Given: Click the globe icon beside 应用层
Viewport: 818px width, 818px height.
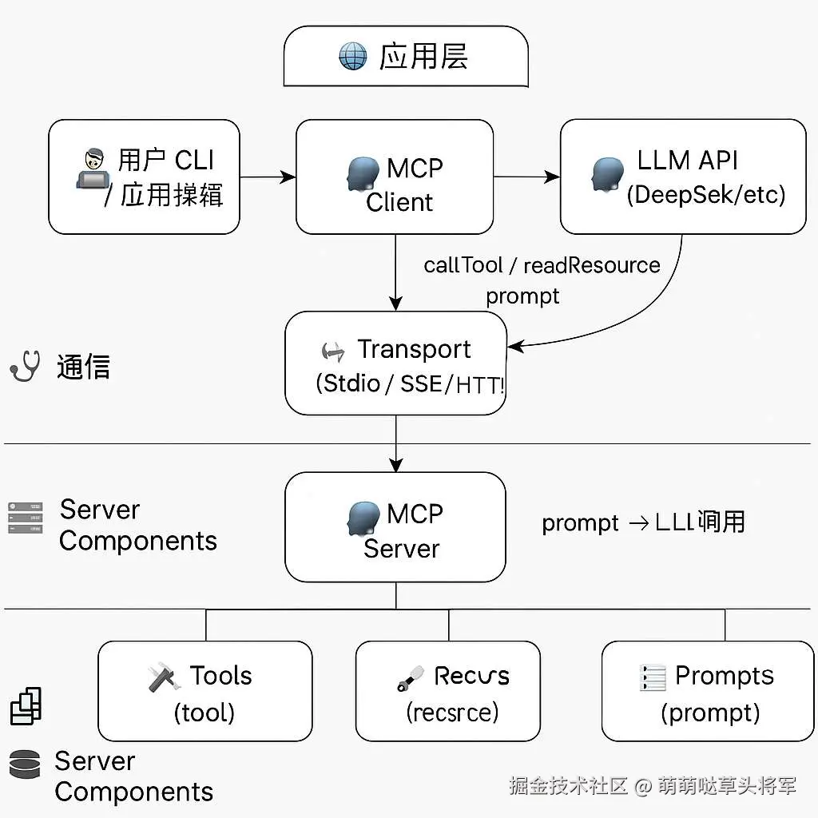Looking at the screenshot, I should pyautogui.click(x=353, y=58).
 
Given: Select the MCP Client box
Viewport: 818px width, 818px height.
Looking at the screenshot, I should pyautogui.click(x=395, y=177).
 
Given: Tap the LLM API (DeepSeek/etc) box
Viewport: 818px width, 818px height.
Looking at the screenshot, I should pyautogui.click(x=683, y=177).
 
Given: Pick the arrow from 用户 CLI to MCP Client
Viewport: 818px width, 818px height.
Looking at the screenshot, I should pyautogui.click(x=268, y=177).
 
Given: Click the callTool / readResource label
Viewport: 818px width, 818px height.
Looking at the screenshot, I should pyautogui.click(x=542, y=265).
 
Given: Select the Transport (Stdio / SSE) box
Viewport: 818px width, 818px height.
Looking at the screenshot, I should pyautogui.click(x=395, y=363).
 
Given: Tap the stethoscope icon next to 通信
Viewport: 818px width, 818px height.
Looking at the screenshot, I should pyautogui.click(x=26, y=367).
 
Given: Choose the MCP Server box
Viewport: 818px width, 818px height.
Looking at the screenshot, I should pyautogui.click(x=395, y=527).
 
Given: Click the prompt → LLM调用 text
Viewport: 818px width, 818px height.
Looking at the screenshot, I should pyautogui.click(x=643, y=522).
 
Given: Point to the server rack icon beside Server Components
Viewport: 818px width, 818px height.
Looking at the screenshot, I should pyautogui.click(x=25, y=518).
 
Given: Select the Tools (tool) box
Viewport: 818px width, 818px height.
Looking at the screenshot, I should pyautogui.click(x=204, y=691).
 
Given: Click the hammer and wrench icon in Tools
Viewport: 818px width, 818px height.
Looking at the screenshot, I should pyautogui.click(x=162, y=678).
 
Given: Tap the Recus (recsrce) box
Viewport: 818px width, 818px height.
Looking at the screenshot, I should pyautogui.click(x=447, y=691).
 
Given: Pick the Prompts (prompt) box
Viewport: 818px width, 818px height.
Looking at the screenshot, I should pyautogui.click(x=707, y=691).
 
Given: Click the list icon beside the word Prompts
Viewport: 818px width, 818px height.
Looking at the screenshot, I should pyautogui.click(x=653, y=677).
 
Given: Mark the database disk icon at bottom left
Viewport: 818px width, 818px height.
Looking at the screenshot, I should pyautogui.click(x=25, y=764).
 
